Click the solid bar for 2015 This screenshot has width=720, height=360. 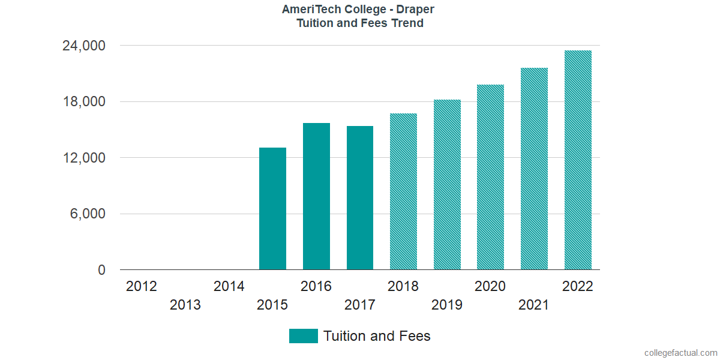click(272, 209)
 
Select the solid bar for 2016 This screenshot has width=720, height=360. click(316, 196)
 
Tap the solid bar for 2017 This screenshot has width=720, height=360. click(360, 198)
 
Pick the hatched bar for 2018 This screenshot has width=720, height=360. click(403, 191)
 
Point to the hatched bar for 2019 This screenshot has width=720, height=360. click(447, 185)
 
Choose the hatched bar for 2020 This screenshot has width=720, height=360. click(490, 177)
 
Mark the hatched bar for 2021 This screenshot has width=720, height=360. click(534, 169)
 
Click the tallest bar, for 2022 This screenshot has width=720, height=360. click(578, 160)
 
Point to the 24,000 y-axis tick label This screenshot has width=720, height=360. click(85, 46)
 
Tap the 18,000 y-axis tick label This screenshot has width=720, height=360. click(85, 101)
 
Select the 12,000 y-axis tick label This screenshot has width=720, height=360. click(85, 158)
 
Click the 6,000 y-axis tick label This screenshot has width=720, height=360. click(89, 214)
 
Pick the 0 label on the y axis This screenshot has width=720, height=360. click(101, 271)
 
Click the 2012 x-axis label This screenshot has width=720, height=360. click(142, 286)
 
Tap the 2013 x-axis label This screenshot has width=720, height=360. click(185, 305)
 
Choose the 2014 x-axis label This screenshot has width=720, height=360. click(229, 286)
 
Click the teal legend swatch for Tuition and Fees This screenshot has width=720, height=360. click(303, 336)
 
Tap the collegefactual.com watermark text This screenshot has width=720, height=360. click(680, 353)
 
